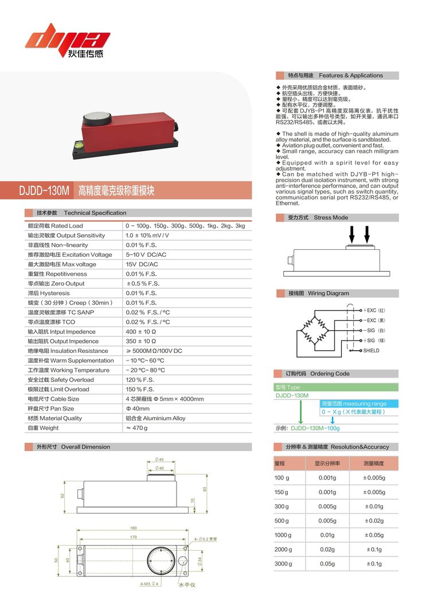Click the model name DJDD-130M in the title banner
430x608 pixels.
[45, 190]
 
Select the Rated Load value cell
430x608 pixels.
[185, 226]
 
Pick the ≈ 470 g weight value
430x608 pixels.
[136, 428]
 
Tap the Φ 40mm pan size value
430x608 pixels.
[138, 409]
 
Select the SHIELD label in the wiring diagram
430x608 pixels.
[371, 351]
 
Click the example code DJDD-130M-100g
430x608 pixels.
[315, 428]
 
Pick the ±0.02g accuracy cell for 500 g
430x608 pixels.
[373, 521]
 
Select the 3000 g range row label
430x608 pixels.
[282, 564]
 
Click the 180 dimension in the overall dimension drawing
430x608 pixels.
[133, 528]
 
